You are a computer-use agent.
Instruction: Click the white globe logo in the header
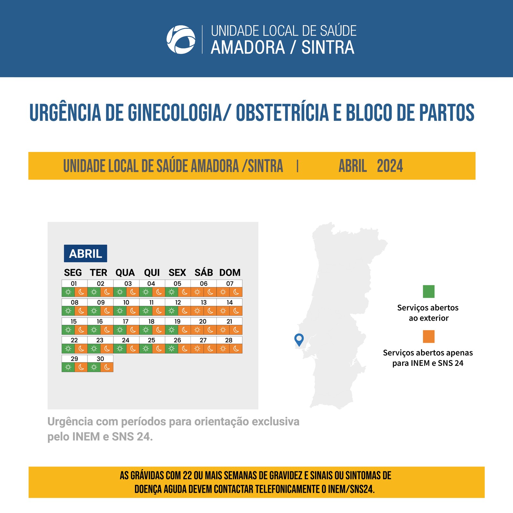181,39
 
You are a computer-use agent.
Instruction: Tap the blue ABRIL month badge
85,254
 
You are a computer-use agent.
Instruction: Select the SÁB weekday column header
204,273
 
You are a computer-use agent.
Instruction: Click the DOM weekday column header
230,273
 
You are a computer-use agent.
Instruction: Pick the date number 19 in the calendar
177,321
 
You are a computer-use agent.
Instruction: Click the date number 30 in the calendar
100,359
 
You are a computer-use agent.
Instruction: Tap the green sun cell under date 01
68,292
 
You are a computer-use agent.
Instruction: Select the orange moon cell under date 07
236,292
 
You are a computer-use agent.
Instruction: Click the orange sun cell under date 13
197,311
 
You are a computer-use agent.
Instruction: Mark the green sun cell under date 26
172,349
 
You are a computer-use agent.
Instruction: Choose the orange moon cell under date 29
81,367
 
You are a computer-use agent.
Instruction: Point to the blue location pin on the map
299,339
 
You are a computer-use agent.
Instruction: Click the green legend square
429,291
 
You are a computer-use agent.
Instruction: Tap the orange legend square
429,337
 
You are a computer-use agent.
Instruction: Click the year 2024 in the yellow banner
390,166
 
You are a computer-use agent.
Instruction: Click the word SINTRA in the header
328,47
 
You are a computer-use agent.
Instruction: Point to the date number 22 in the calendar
74,340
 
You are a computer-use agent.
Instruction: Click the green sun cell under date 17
120,330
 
